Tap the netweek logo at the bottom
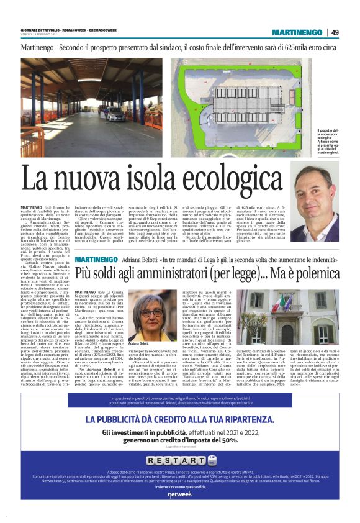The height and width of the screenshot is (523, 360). pyautogui.click(x=179, y=511)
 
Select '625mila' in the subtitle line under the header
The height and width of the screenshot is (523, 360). pyautogui.click(x=294, y=48)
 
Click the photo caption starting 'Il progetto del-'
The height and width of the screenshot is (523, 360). pyautogui.click(x=326, y=141)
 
